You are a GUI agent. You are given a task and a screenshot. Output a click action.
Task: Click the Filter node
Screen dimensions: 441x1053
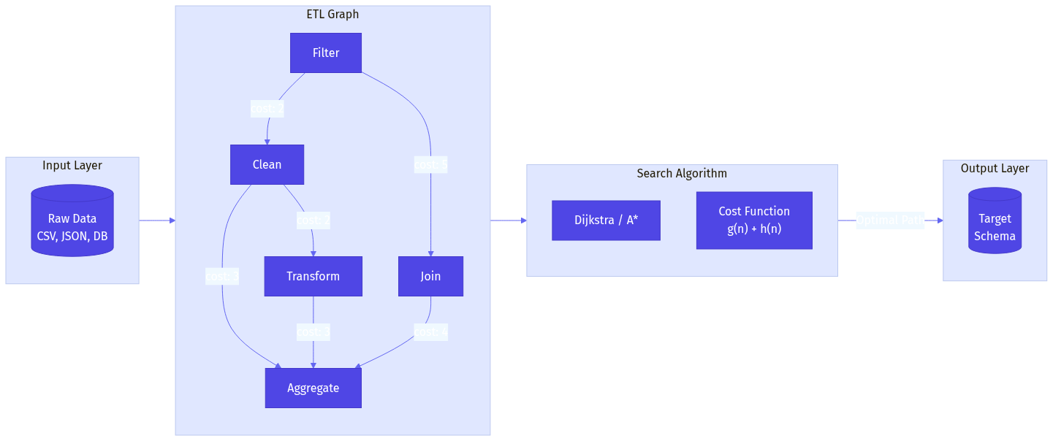(326, 53)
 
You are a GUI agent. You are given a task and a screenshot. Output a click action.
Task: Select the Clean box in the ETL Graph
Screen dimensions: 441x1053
(267, 164)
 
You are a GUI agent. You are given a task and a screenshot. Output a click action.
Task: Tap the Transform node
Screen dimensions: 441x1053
(313, 276)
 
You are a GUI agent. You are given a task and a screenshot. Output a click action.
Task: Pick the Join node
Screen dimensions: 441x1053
(430, 276)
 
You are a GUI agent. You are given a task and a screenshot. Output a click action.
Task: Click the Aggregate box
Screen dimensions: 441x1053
(313, 388)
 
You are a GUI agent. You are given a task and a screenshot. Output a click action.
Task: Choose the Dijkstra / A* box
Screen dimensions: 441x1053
(606, 220)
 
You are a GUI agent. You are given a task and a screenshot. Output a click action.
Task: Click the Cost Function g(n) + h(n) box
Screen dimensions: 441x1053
(754, 220)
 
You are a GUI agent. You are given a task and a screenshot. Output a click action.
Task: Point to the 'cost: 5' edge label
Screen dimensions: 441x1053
(430, 164)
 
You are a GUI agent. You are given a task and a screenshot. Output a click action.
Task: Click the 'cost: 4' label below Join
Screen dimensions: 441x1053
(430, 332)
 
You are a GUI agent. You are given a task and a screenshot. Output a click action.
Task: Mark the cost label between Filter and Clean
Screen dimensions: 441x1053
(267, 109)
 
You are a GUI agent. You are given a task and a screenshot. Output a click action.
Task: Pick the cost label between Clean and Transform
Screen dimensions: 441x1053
(313, 220)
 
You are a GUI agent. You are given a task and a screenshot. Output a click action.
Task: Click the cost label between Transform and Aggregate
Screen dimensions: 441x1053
(313, 332)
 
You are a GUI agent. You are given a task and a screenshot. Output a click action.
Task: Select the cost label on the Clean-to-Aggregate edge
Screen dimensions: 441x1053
(222, 276)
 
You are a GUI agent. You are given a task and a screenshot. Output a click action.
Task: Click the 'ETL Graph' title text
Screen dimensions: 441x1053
(332, 14)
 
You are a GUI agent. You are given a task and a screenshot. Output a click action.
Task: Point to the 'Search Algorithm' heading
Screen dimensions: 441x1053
(682, 173)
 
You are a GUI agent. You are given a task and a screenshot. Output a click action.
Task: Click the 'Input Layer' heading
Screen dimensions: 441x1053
(72, 165)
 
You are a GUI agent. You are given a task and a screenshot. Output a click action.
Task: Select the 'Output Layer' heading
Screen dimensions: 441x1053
(995, 168)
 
